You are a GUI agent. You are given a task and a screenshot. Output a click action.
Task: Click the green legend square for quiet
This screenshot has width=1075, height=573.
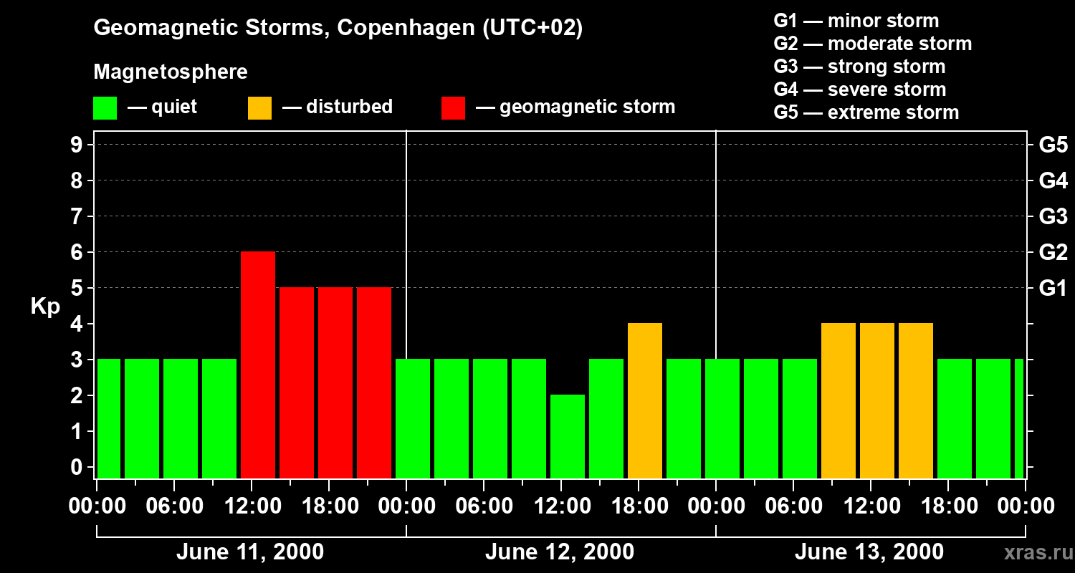coord(105,107)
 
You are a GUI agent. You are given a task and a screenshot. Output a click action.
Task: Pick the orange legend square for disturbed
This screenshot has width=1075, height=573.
coord(259,107)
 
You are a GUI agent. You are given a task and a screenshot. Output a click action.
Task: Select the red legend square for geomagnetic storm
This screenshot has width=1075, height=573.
coord(453,107)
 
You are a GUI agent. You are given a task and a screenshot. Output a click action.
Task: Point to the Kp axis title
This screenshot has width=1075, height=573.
coord(45,306)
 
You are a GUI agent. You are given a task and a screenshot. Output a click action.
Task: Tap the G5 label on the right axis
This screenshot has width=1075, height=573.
coord(1053,145)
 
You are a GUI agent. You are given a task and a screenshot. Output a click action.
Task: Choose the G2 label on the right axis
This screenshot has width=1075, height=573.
coord(1053,252)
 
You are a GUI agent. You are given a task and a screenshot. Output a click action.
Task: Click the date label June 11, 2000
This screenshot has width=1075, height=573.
coord(249,552)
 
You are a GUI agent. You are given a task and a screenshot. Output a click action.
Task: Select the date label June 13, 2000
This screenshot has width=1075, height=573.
coord(869,552)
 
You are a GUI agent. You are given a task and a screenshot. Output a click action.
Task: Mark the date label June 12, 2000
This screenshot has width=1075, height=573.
coord(559,552)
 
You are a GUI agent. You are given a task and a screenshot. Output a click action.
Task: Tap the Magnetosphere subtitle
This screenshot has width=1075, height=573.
coord(171,72)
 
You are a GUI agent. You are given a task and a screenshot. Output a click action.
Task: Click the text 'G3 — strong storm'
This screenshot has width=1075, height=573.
coord(859,67)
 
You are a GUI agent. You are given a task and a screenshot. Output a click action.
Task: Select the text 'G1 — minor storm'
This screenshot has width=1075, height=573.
coord(856,21)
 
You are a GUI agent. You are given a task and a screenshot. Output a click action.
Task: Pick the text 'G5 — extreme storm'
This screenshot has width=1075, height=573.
coord(866,112)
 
